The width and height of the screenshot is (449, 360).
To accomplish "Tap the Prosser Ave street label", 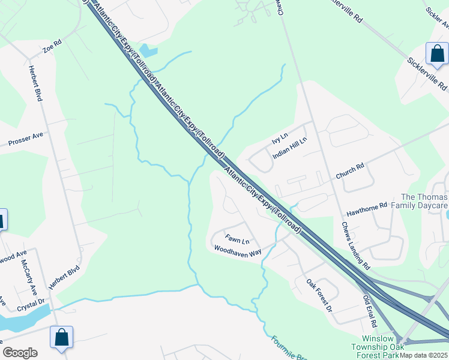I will coord(26,140).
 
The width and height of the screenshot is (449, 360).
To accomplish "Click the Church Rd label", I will coord(350,172).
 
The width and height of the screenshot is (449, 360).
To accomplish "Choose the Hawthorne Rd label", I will coord(367,210).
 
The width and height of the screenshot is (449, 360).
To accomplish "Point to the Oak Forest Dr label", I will coord(319,295).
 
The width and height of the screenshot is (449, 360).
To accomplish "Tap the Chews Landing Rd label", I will coord(356,244).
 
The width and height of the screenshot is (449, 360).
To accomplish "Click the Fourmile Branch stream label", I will coord(288,348).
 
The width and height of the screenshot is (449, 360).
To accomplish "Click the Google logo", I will coord(20,352).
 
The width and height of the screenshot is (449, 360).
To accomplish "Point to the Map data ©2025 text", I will coord(424,355).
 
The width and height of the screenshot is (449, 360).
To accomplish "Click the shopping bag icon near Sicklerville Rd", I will coord(438,54).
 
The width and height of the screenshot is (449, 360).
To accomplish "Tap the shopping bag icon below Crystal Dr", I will coord(62,337).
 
